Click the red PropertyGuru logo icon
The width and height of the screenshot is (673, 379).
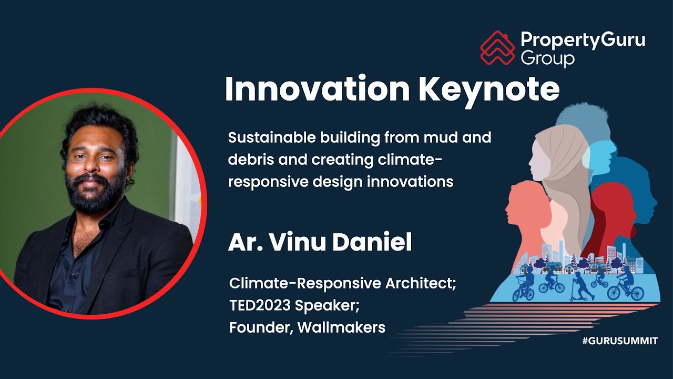[497, 48]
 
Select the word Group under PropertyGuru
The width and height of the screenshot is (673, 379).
[548, 58]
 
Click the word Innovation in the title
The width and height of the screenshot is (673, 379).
[317, 89]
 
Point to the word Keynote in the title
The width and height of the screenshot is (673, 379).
[489, 90]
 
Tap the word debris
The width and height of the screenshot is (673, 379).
[251, 159]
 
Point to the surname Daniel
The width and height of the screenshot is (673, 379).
[372, 242]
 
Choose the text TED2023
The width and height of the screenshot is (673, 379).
[260, 305]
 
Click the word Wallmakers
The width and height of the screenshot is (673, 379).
[341, 327]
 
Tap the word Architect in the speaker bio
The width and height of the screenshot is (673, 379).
[421, 284]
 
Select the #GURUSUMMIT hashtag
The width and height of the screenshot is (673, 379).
[620, 341]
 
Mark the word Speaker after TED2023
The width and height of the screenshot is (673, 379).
[327, 306]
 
